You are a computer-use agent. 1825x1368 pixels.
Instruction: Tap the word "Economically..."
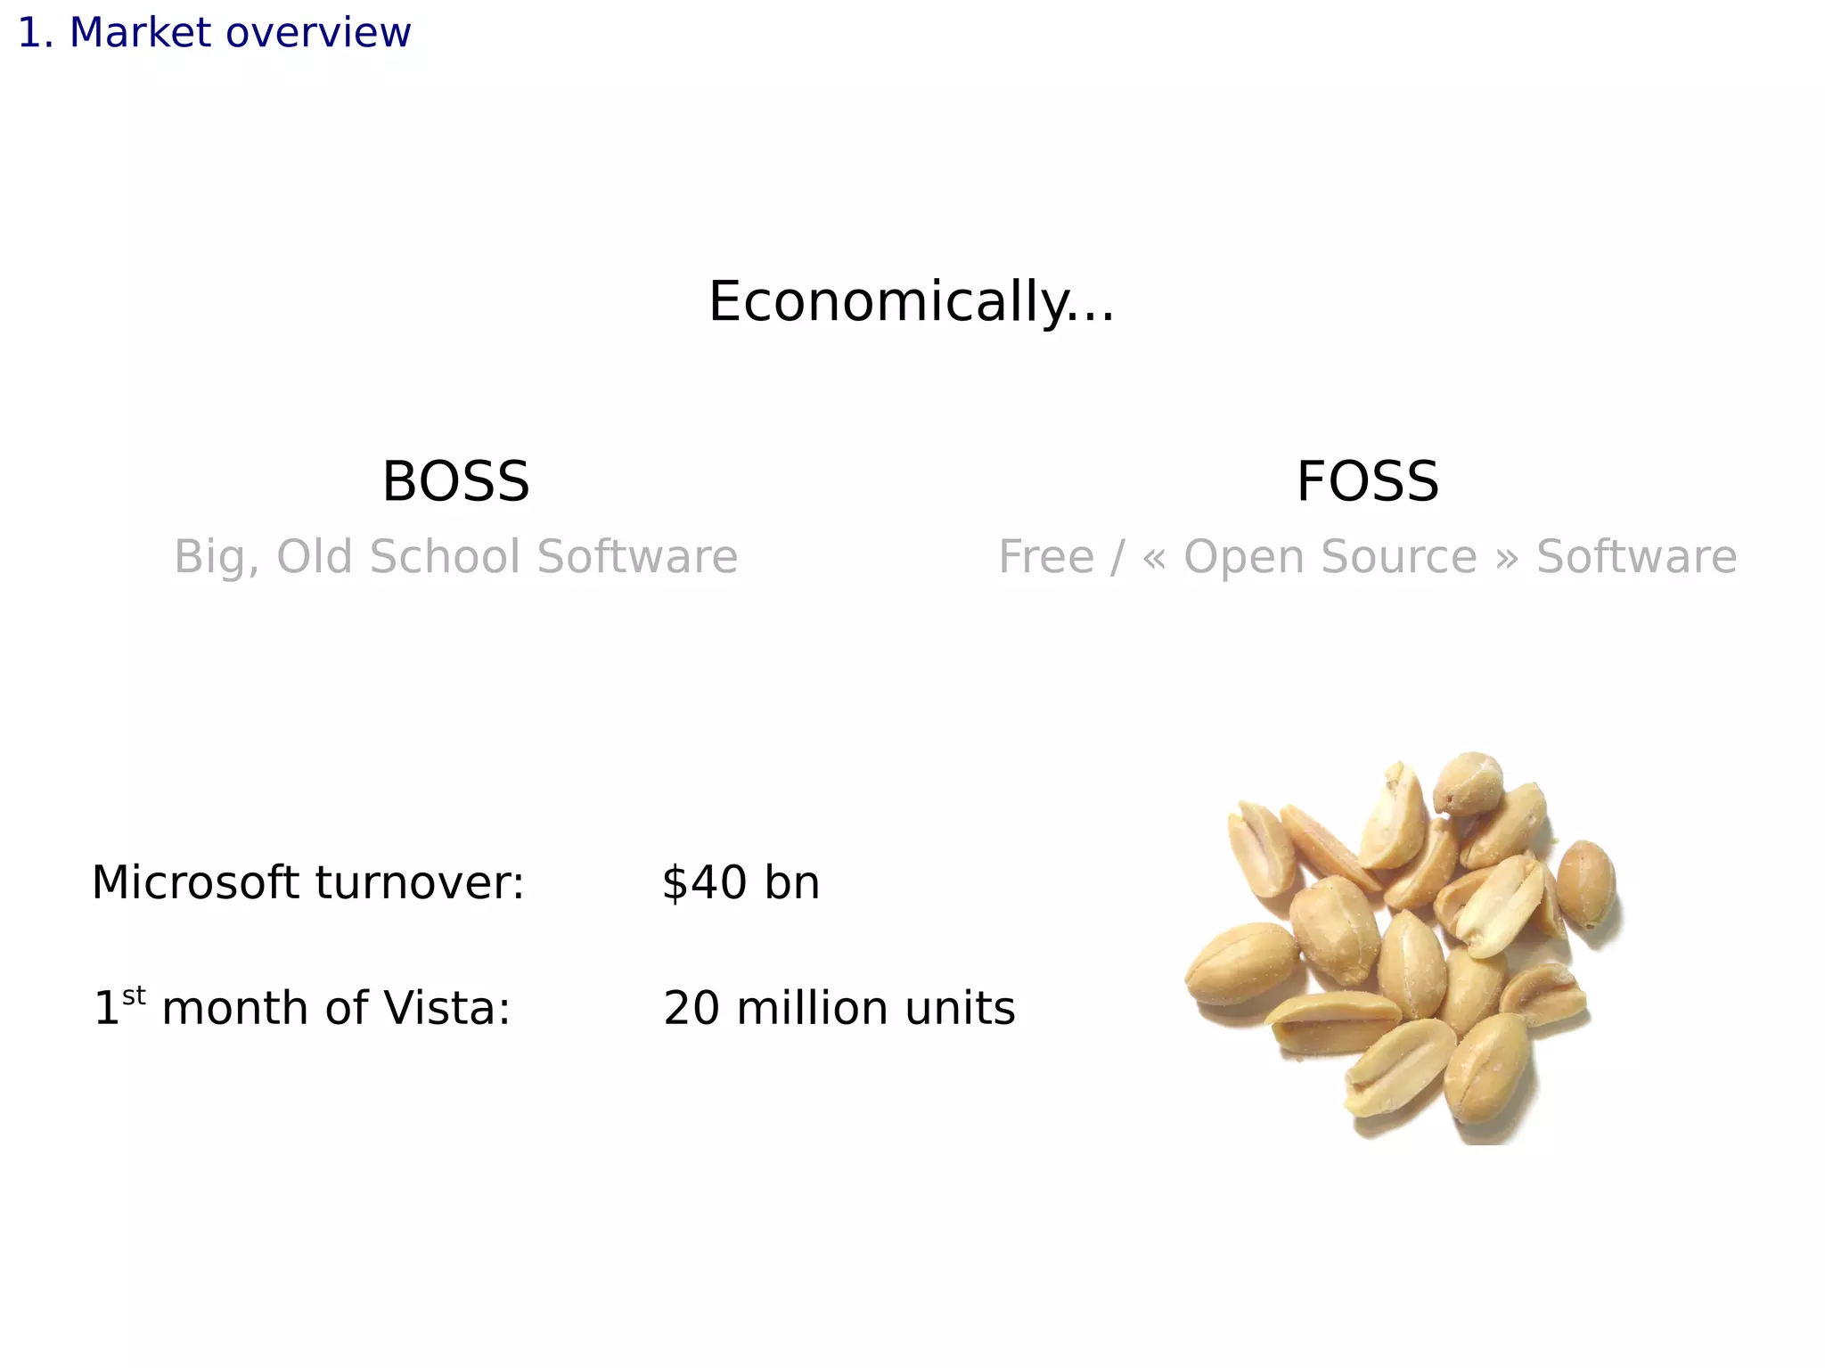911,301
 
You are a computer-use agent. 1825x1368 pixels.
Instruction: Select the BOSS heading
455,481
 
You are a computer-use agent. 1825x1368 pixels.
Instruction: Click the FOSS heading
1367,481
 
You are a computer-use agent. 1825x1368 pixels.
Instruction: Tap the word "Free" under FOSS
1045,557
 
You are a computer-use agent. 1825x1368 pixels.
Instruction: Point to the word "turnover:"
420,882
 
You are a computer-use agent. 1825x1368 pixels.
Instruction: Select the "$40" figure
705,882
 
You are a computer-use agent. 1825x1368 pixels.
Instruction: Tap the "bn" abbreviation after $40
792,882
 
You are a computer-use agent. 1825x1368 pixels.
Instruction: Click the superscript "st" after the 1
134,995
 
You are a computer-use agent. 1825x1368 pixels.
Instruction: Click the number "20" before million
692,1008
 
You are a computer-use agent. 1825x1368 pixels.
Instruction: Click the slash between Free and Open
1117,557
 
